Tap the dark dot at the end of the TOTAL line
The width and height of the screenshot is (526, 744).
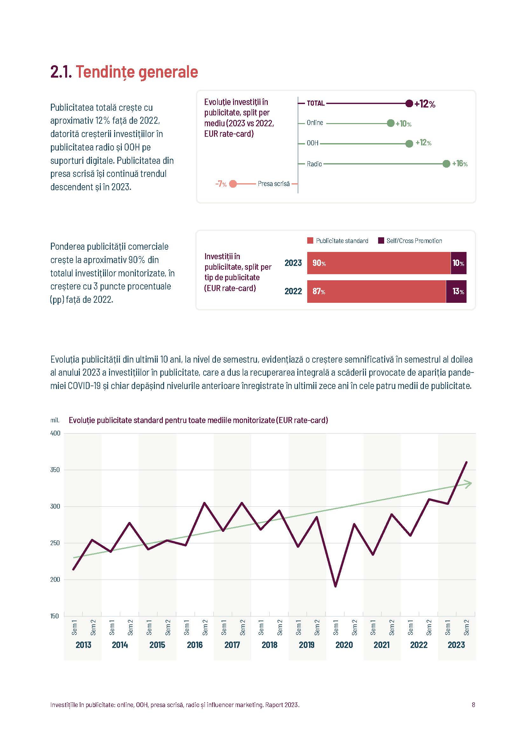pos(409,103)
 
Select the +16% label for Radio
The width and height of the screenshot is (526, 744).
pos(460,163)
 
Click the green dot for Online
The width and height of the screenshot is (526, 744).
pos(391,123)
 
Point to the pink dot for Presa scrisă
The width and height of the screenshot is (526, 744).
pos(233,184)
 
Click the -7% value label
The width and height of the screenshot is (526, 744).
pos(221,184)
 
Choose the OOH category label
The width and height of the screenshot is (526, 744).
pos(313,143)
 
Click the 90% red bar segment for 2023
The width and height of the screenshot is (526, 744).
pos(379,263)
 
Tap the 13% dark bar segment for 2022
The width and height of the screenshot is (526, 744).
pos(456,291)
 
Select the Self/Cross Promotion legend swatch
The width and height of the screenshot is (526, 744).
pos(381,240)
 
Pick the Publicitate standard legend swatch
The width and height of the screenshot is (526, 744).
pos(310,240)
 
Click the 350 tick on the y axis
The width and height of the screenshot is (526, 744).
pos(55,470)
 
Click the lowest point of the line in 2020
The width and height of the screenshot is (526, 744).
pos(335,586)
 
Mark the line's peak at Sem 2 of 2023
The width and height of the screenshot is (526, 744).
pos(467,462)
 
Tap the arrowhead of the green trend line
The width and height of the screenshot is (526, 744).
pos(469,484)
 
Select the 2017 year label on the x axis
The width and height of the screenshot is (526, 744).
pos(232,645)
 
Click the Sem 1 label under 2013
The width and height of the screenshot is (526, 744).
pos(74,627)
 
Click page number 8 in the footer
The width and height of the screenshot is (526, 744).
pos(473,705)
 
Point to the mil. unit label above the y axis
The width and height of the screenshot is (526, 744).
pos(55,420)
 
